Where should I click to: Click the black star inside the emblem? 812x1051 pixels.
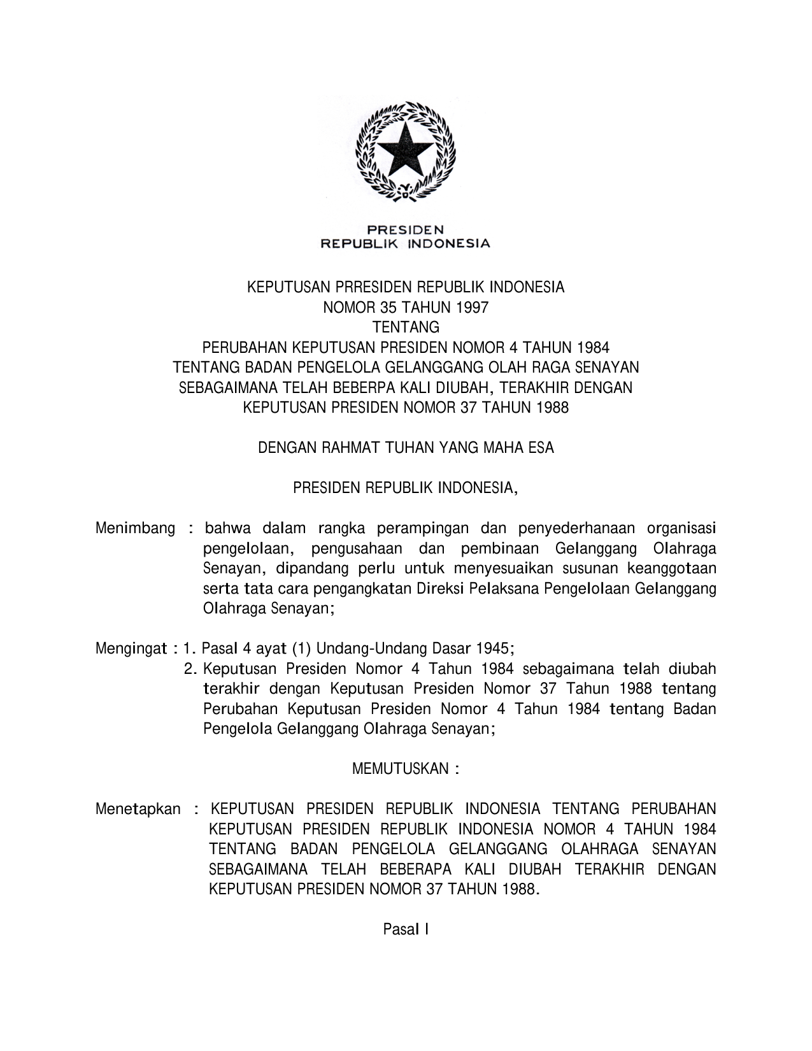[x=405, y=151]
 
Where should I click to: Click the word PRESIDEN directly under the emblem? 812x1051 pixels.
[x=405, y=230]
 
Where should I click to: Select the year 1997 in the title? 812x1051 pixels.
[x=471, y=308]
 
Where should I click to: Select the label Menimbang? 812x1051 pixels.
[x=135, y=528]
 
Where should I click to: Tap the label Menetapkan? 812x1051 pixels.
[x=138, y=809]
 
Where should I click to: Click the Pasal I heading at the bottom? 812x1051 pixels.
[x=406, y=930]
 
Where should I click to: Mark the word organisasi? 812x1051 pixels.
[x=681, y=528]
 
